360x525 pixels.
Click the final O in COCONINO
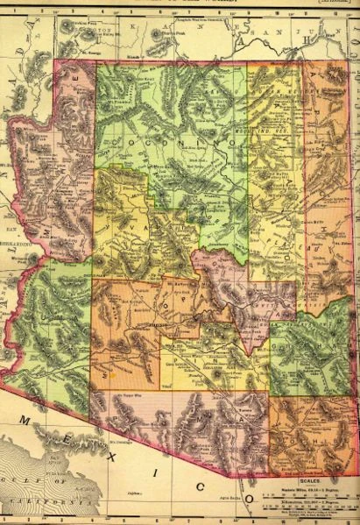[x=234, y=141]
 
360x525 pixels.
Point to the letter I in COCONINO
[x=197, y=141]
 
